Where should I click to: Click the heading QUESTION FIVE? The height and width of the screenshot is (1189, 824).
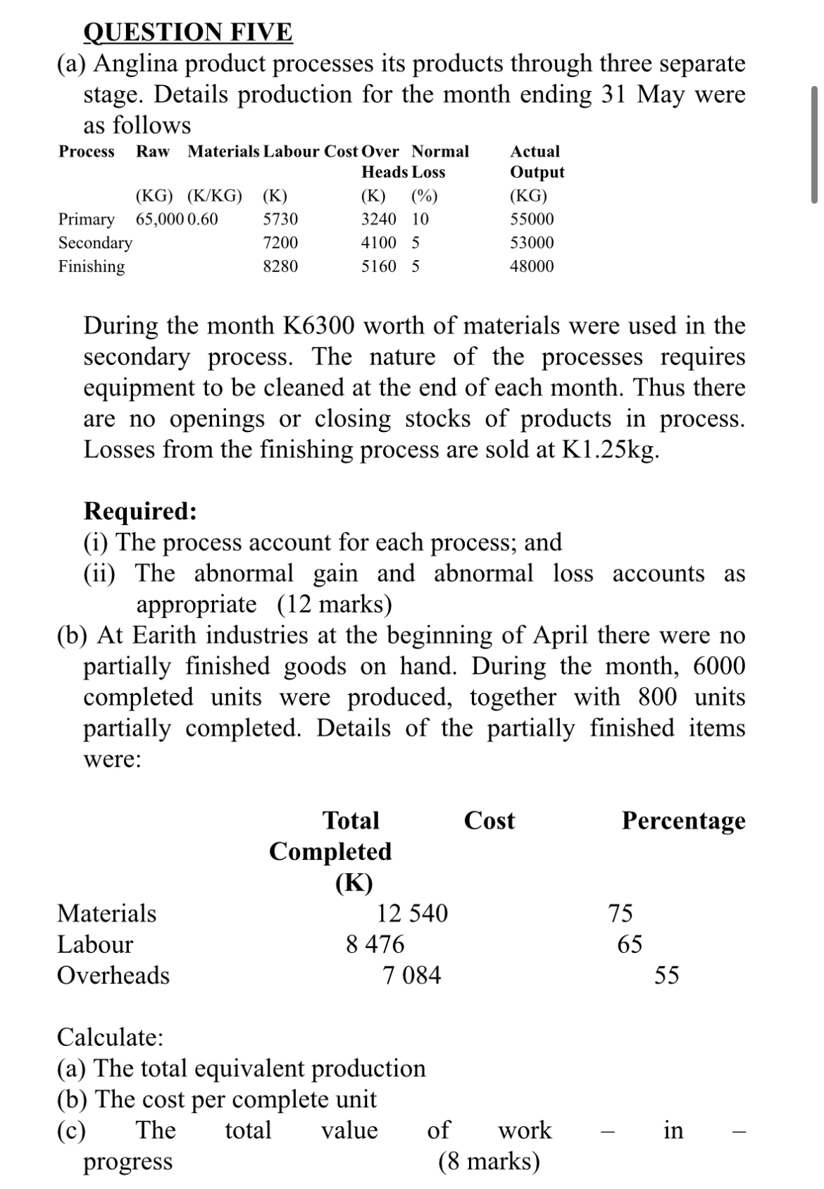[x=187, y=32]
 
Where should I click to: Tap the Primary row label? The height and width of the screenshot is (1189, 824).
[x=86, y=219]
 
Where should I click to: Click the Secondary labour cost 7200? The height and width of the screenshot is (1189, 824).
[x=280, y=243]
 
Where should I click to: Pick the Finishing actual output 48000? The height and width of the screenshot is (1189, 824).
[x=532, y=266]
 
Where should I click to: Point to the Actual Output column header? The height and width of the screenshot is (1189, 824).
[x=536, y=161]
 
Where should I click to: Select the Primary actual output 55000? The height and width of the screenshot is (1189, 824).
[x=532, y=219]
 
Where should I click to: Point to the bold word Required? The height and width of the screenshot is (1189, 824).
[x=140, y=511]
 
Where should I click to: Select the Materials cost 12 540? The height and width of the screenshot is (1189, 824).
[x=412, y=913]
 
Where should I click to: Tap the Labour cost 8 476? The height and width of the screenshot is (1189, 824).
[x=375, y=944]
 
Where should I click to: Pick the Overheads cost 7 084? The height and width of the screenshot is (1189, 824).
[x=412, y=975]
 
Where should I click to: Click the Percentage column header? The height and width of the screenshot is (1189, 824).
[x=683, y=820]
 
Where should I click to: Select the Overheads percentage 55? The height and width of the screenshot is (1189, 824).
[x=666, y=975]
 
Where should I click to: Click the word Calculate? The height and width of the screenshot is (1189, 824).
[x=110, y=1037]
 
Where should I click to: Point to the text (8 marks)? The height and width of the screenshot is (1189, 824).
[x=489, y=1161]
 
